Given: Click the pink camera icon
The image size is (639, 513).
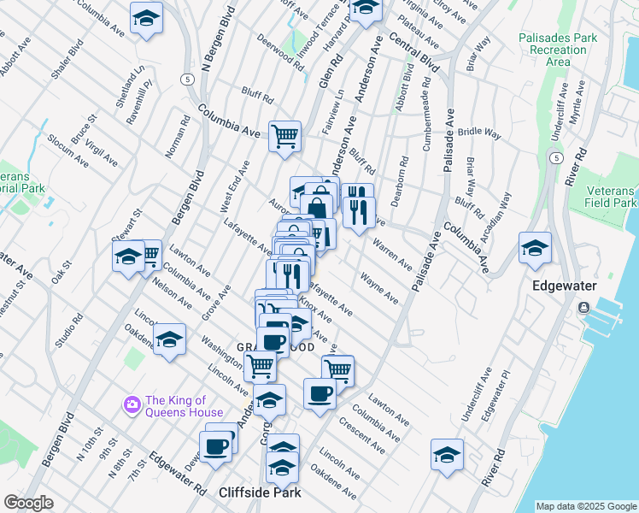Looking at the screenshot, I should coord(132,404).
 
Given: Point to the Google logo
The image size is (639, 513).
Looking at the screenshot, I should coord(28,503).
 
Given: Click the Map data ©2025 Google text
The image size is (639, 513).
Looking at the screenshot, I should coord(586,506).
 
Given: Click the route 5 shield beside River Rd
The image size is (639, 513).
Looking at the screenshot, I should coord(556,158).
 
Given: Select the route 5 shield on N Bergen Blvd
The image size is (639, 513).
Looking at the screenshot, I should coord(185,79).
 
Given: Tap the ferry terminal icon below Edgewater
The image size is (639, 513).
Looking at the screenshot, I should coord(583,307).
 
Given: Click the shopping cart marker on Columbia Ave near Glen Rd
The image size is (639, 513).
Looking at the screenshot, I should coord(284,135).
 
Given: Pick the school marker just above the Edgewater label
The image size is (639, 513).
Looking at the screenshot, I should coord(535,248).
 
